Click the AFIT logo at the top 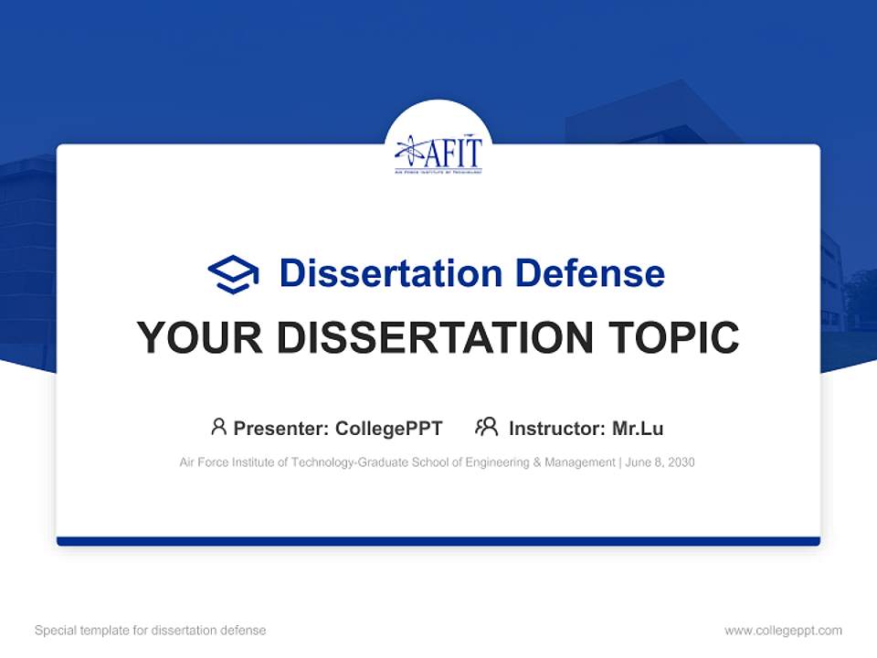[x=438, y=153]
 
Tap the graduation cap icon [x=233, y=273]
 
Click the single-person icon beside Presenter [x=218, y=427]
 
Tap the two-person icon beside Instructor [x=486, y=427]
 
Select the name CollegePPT [x=388, y=429]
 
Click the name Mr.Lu [x=638, y=429]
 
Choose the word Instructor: [x=556, y=429]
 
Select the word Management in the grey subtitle [x=579, y=462]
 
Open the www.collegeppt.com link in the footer [x=783, y=631]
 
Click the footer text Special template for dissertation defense [x=151, y=631]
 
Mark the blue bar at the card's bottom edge [x=438, y=541]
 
